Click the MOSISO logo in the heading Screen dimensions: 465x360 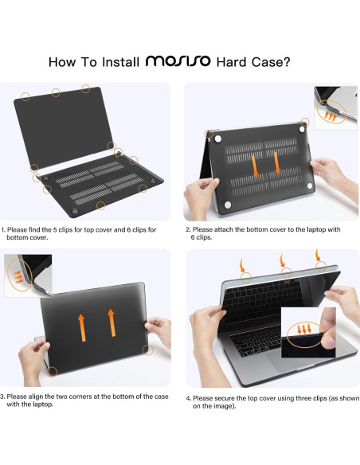178,61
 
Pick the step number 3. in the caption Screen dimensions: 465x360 3,396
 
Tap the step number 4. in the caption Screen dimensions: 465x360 190,398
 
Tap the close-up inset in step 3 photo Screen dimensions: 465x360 29,275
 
